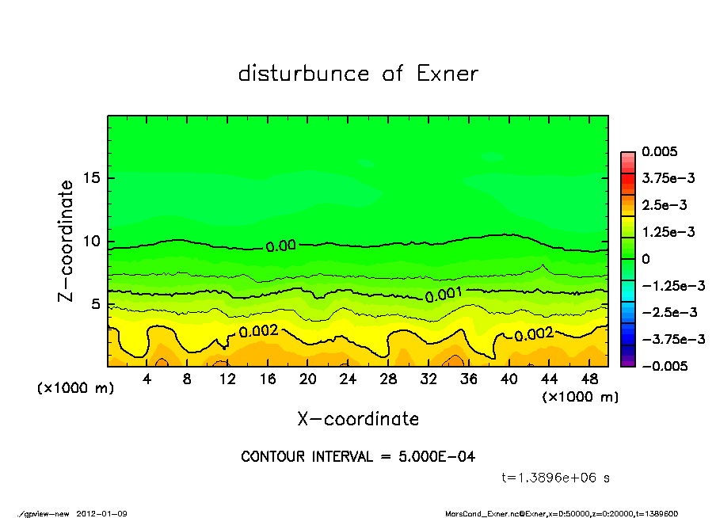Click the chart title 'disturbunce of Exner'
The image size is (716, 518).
[358, 74]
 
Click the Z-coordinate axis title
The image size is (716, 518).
[67, 240]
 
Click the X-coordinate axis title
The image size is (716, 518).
[358, 418]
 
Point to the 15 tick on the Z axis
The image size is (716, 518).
[91, 177]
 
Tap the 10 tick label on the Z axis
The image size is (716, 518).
[91, 241]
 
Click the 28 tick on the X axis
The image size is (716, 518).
[388, 379]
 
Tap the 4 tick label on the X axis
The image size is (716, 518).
[147, 379]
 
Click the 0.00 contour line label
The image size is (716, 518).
[281, 246]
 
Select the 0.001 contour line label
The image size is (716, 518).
[444, 295]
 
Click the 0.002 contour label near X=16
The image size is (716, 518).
[258, 331]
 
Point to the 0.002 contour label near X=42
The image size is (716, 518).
[534, 335]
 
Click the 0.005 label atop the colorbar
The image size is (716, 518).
[660, 152]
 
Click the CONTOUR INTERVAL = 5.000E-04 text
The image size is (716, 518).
[358, 457]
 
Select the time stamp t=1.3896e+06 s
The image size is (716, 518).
[555, 478]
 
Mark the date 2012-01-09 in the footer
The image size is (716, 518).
[102, 513]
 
